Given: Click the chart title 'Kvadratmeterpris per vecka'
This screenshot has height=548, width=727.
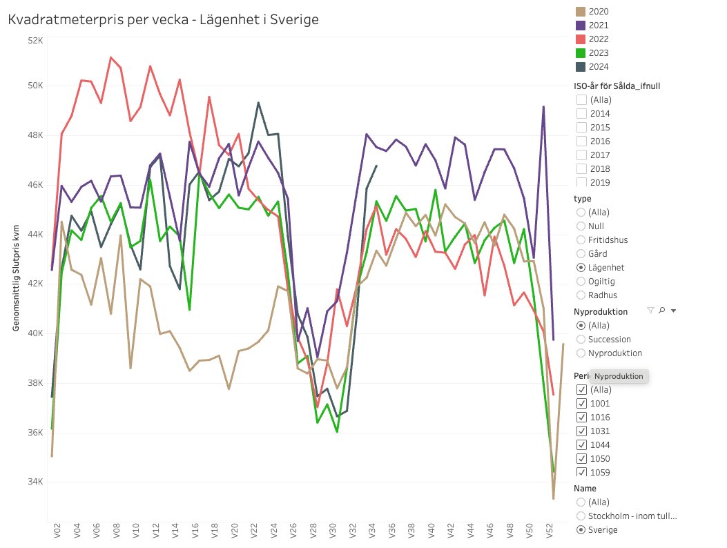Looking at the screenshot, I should [163, 20].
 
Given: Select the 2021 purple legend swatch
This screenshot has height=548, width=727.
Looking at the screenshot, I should [581, 26].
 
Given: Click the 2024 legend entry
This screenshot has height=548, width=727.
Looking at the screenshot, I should [599, 67].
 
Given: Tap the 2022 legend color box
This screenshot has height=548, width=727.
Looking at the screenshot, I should [581, 39].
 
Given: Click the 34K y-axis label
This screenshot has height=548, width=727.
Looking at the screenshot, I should [35, 482].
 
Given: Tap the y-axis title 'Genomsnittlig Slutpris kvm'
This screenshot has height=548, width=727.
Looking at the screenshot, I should [15, 276].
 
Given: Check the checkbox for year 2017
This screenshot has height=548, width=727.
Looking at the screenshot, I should [581, 155].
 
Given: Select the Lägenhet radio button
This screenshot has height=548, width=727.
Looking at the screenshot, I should [581, 268].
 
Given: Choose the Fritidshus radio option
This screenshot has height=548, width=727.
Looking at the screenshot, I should [581, 240].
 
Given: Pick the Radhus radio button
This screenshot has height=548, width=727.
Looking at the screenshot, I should [581, 295].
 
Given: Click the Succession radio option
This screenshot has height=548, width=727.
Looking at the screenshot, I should [581, 340].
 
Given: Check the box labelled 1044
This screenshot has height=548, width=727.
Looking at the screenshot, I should [581, 445].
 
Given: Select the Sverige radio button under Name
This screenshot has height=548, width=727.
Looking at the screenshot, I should [581, 530].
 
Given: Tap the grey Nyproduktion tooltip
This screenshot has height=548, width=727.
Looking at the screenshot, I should [619, 376].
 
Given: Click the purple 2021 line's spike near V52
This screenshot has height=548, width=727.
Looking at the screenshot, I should [543, 107].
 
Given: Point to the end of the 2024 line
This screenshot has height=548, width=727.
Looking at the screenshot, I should [376, 166].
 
